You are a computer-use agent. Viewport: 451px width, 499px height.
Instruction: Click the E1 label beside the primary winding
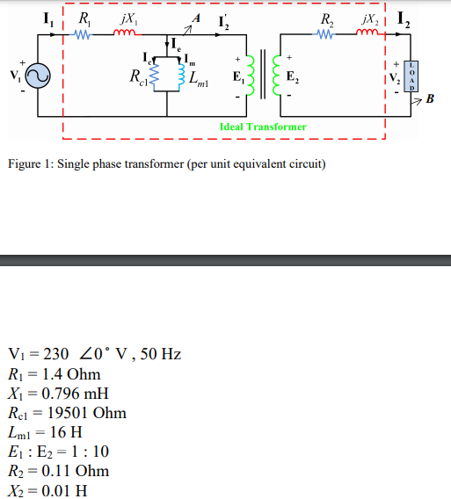(x=237, y=77)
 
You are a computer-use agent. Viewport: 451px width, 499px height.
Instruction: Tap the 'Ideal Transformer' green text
(x=263, y=127)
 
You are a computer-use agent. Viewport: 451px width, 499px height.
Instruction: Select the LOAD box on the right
(x=409, y=76)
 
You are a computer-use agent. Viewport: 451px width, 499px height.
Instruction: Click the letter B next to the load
(x=429, y=98)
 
